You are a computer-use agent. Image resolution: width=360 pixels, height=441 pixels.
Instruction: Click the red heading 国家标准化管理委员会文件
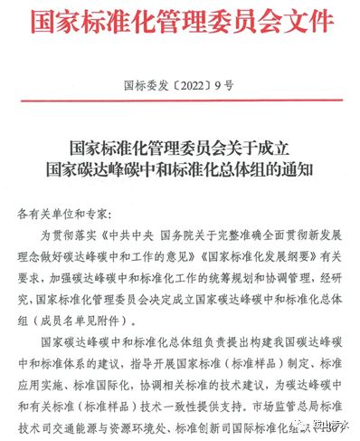pyautogui.click(x=180, y=22)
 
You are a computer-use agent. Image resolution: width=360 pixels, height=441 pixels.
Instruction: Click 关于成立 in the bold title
pyautogui.click(x=261, y=147)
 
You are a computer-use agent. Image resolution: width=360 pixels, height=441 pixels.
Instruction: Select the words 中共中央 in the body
pyautogui.click(x=137, y=237)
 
